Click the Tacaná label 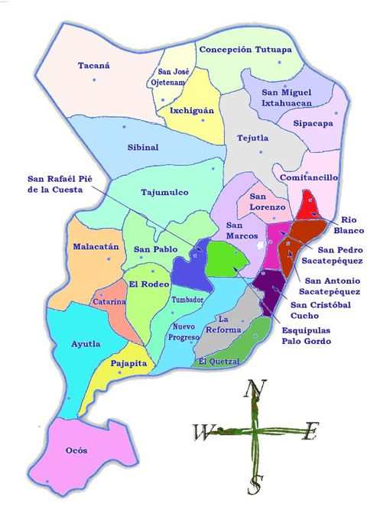point(94,66)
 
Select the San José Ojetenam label point(179,76)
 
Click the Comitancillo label point(308,177)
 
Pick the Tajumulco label point(165,192)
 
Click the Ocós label point(76,450)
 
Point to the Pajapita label point(128,364)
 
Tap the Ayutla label point(86,344)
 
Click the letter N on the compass point(250,390)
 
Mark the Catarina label point(109,301)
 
